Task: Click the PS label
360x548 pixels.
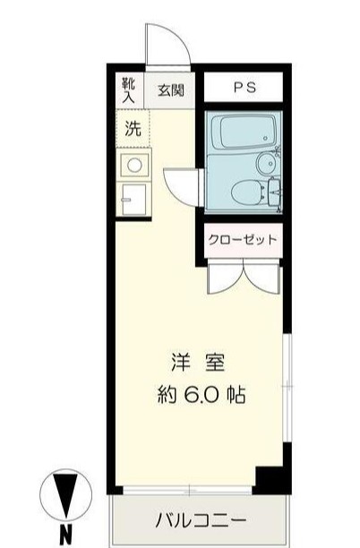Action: coord(244,88)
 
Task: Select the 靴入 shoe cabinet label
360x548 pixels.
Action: coord(128,89)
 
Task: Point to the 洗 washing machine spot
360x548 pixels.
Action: coord(133,127)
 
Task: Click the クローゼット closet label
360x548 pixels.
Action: coord(243,239)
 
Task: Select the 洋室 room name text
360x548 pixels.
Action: coord(199,364)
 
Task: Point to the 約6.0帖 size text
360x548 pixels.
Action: coord(199,395)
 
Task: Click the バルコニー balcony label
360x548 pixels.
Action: coord(201,520)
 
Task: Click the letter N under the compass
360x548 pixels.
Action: coord(65,537)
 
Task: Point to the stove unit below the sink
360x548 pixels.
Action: coord(133,200)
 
